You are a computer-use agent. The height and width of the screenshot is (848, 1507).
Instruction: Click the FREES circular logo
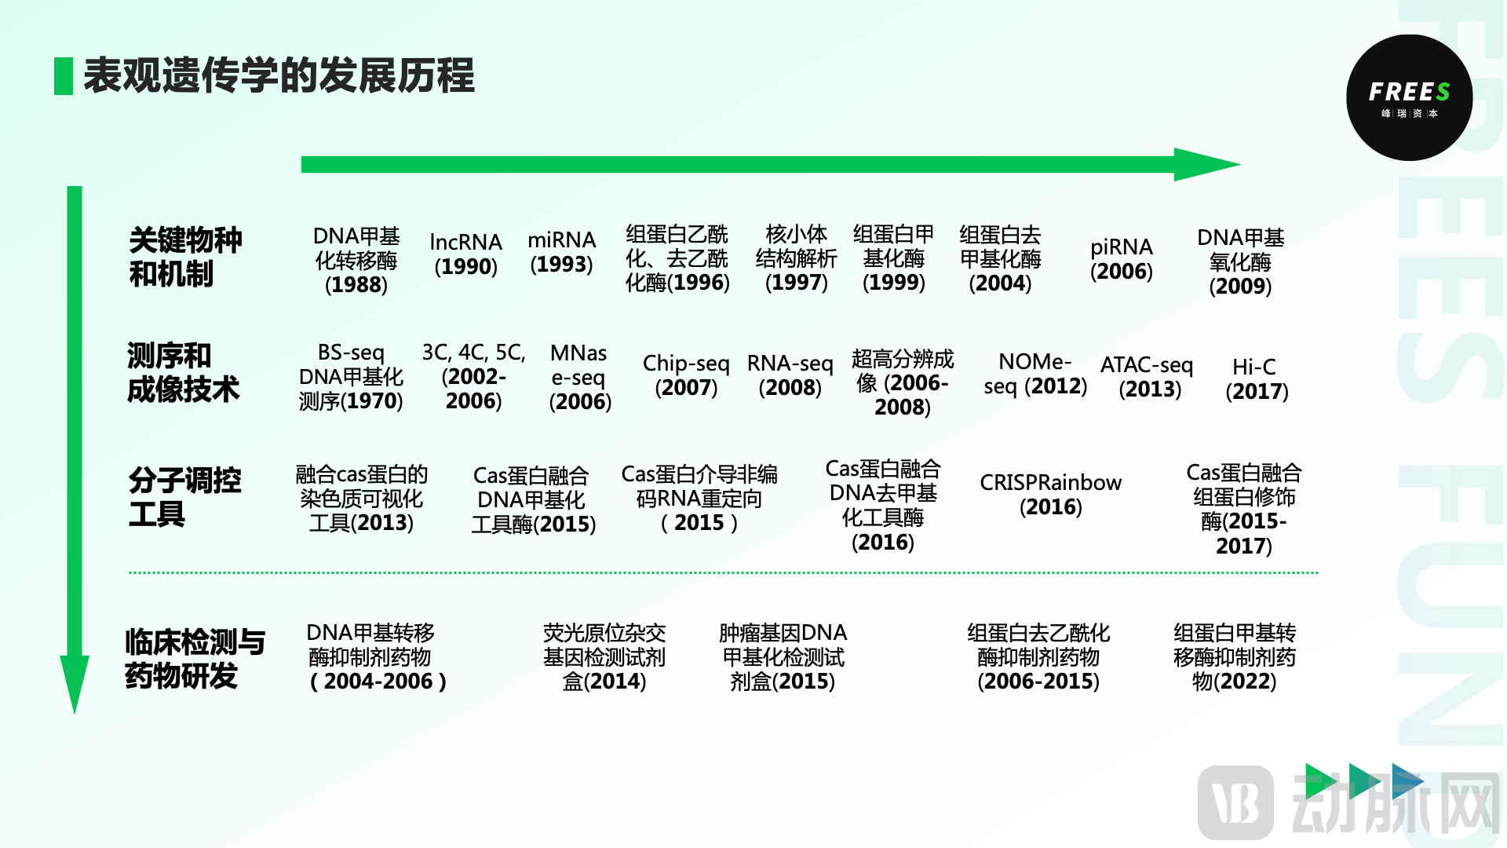point(1409,98)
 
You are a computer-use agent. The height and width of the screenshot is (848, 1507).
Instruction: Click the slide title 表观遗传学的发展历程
point(279,76)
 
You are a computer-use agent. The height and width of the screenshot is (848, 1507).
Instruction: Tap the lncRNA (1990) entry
point(465,254)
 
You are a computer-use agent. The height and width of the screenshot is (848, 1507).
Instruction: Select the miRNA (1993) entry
point(561,252)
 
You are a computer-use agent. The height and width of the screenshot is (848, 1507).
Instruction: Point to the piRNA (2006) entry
point(1121,259)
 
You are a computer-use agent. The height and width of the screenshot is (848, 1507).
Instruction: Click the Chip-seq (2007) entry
point(686,375)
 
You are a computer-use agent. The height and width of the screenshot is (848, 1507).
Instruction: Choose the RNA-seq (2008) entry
point(790,375)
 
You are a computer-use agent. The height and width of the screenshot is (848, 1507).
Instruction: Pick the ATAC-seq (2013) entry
point(1147,377)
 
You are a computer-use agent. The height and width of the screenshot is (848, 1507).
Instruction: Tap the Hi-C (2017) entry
point(1256,379)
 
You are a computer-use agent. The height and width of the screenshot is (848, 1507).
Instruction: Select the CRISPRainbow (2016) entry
point(1050,495)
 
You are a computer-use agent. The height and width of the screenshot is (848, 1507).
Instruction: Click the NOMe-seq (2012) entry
point(1035,374)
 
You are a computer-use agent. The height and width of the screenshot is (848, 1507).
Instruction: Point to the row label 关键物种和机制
point(185,257)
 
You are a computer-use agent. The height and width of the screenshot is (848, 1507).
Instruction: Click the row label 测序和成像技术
point(183,373)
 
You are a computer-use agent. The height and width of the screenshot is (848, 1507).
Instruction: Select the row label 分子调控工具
point(184,497)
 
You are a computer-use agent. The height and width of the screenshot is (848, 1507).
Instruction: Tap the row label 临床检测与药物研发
point(195,659)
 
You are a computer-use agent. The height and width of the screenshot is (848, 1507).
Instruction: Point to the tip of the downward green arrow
point(75,707)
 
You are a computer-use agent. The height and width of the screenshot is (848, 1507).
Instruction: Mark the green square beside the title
point(64,76)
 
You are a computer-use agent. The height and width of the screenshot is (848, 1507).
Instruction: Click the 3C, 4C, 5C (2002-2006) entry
point(473,377)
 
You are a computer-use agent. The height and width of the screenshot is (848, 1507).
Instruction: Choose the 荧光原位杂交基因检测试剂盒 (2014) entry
point(604,657)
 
